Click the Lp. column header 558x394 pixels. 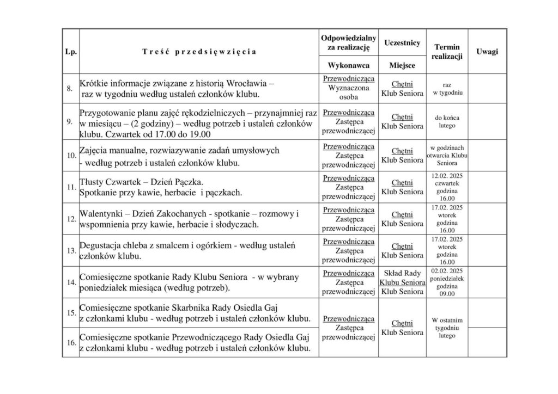(70, 52)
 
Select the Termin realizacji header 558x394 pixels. (447, 52)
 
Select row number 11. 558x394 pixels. (70, 187)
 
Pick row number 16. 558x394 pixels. (70, 343)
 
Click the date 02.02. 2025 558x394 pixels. (446, 270)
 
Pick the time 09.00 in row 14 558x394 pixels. (446, 294)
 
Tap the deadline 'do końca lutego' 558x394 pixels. (446, 121)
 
